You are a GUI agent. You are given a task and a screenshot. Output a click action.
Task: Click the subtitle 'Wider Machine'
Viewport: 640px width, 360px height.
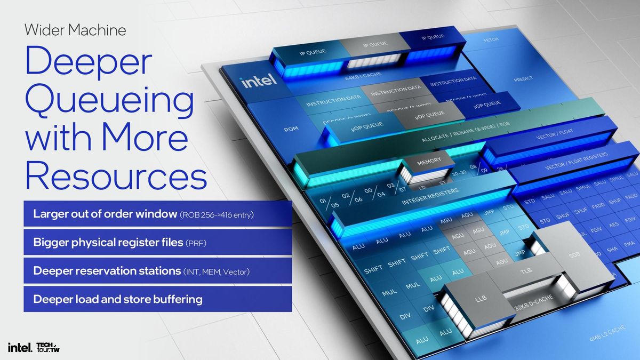(x=75, y=29)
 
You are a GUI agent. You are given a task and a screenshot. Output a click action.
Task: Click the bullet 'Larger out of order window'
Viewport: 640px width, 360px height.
(x=105, y=214)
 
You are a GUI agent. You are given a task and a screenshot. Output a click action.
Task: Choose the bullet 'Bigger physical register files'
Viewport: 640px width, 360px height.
(x=108, y=243)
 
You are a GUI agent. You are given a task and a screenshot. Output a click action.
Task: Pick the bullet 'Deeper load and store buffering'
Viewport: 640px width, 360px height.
(x=118, y=299)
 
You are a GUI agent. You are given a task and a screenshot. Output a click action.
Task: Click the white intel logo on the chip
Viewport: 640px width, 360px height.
(x=259, y=81)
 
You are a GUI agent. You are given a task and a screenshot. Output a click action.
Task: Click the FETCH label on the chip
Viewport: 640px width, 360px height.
(x=490, y=40)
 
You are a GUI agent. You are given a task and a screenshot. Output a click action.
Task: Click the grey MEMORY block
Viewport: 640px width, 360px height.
(x=429, y=161)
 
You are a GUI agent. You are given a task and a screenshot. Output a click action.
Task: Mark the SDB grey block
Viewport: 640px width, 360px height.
(x=574, y=255)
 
